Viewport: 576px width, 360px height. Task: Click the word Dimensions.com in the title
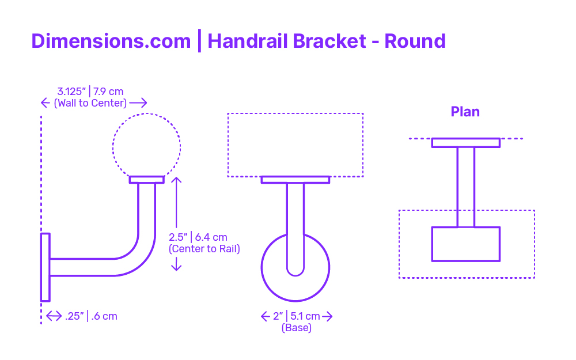[x=111, y=41]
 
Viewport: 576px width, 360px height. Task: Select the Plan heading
[x=465, y=112]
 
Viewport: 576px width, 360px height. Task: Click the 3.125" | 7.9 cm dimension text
[x=90, y=91]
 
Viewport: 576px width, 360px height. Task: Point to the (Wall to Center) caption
[x=90, y=103]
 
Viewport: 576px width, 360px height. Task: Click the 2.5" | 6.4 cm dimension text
[x=198, y=237]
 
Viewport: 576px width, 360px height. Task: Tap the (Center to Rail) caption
[x=204, y=249]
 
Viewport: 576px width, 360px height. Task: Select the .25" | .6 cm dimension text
[x=91, y=316]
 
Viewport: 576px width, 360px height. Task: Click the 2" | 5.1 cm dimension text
[x=297, y=316]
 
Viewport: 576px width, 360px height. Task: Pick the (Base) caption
[x=296, y=328]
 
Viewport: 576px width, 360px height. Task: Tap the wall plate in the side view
[x=45, y=267]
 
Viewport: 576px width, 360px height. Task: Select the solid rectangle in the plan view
[x=466, y=244]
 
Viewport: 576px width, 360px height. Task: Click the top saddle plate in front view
[x=295, y=180]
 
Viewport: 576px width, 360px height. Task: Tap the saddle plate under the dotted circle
[x=146, y=179]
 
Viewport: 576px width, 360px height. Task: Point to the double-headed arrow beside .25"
[x=54, y=316]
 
